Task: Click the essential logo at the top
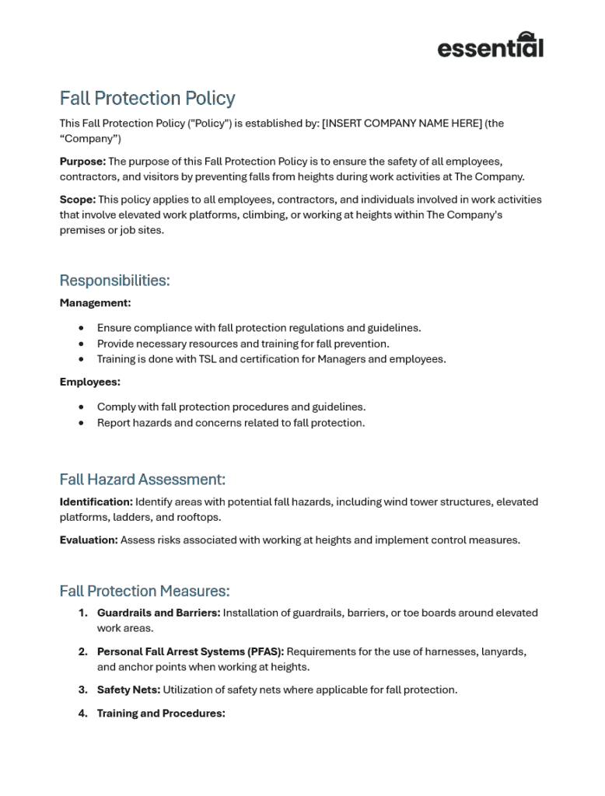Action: pyautogui.click(x=490, y=46)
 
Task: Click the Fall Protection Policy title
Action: pyautogui.click(x=147, y=99)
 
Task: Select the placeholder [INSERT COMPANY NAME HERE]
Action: pyautogui.click(x=402, y=124)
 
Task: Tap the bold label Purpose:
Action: pyautogui.click(x=82, y=162)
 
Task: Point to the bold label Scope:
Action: pyautogui.click(x=78, y=200)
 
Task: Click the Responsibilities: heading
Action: pyautogui.click(x=114, y=281)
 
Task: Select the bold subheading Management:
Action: pyautogui.click(x=95, y=303)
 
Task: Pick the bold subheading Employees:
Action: pyautogui.click(x=90, y=382)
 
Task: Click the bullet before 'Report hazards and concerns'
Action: pyautogui.click(x=82, y=423)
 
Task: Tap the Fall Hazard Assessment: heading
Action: pyautogui.click(x=142, y=480)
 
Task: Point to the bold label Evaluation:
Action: pyautogui.click(x=89, y=540)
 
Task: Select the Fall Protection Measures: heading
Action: pyautogui.click(x=145, y=592)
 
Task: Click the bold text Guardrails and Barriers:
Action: pyautogui.click(x=159, y=613)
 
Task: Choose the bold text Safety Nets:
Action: pyautogui.click(x=128, y=690)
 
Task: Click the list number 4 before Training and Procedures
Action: pyautogui.click(x=82, y=714)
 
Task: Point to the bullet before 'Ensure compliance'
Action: pyautogui.click(x=82, y=328)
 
